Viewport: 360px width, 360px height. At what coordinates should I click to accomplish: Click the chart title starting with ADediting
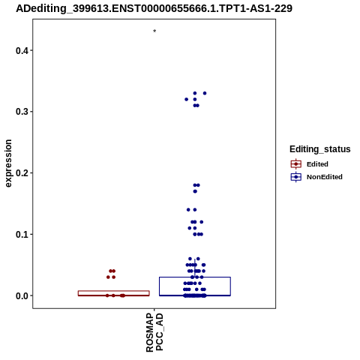154,9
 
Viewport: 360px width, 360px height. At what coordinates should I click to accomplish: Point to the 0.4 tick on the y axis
31,50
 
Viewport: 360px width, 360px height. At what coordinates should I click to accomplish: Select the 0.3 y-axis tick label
22,112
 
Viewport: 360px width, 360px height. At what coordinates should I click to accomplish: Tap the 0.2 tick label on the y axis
22,172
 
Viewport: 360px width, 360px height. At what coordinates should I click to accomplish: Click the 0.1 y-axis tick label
22,234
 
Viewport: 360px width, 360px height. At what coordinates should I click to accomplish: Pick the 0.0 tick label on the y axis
22,295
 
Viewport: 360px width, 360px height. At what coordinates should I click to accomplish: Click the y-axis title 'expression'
8,163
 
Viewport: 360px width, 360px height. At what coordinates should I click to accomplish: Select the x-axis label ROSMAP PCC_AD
154,332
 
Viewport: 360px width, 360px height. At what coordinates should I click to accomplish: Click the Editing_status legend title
319,149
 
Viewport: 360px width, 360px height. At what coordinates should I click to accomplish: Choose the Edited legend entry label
317,164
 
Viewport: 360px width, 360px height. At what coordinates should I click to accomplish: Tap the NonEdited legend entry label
325,177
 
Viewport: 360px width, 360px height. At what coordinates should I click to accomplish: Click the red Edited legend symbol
296,164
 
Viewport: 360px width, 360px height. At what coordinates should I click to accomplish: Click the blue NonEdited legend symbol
296,177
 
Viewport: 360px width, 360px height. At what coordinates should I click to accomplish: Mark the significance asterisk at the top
154,31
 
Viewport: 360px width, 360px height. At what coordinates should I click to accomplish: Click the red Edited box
114,293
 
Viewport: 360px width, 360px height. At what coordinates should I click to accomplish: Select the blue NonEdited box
195,286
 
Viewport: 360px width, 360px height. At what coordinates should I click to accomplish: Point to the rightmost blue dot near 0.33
205,93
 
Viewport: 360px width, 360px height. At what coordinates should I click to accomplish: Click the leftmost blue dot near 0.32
186,99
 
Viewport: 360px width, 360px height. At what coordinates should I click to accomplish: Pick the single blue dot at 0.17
195,191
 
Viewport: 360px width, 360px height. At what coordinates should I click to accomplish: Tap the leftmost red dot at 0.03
108,277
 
